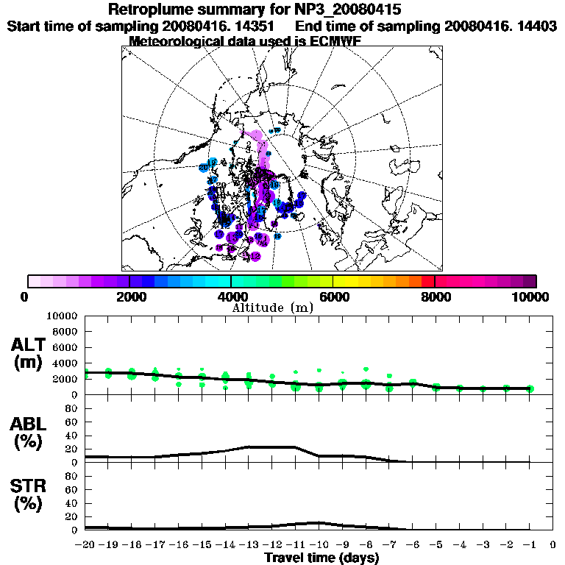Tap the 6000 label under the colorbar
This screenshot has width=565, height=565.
coord(334,297)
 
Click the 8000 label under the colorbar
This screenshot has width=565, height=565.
coord(436,297)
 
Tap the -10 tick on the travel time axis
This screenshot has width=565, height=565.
coord(318,545)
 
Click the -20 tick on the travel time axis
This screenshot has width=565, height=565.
coord(85,545)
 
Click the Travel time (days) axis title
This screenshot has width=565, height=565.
coord(321,558)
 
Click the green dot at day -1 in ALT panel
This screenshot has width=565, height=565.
coord(530,388)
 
